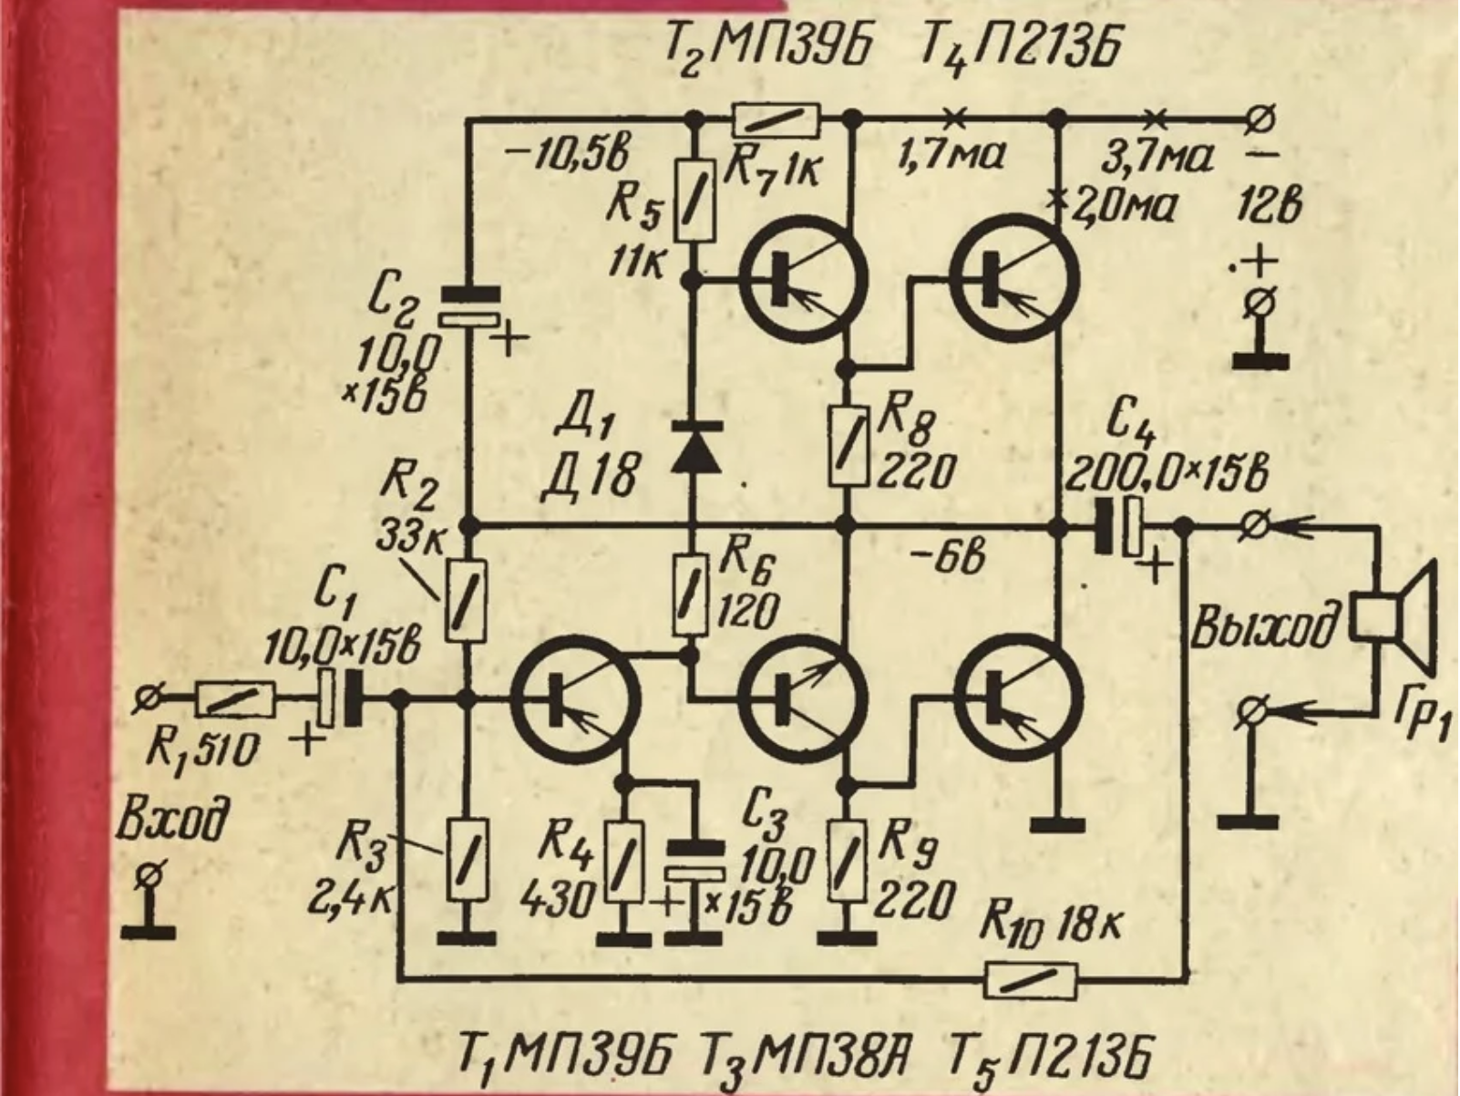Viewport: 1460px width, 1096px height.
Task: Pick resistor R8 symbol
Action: pyautogui.click(x=848, y=446)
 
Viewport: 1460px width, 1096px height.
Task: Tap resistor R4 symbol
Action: pyautogui.click(x=623, y=860)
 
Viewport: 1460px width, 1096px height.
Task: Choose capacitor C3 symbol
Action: pyautogui.click(x=694, y=860)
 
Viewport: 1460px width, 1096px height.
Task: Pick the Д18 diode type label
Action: pyautogui.click(x=589, y=479)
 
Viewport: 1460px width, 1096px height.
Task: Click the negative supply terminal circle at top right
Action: pyautogui.click(x=1263, y=118)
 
